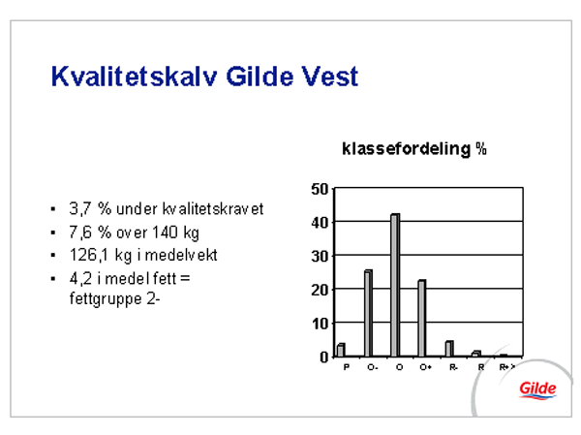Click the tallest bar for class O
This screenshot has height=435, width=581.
[395, 285]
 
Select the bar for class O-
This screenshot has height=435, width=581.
[368, 313]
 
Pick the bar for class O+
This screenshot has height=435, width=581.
[422, 318]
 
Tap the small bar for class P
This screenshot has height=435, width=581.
[341, 350]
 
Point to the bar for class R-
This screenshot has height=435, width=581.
[449, 349]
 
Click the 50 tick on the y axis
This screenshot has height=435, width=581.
[320, 189]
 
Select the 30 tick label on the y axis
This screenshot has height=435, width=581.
[320, 257]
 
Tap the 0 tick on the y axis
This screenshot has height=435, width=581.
[324, 357]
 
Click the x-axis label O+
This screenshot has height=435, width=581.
[426, 367]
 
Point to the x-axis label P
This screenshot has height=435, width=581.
[347, 367]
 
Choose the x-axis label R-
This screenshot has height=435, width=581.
[453, 367]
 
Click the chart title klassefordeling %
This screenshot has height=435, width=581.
[414, 149]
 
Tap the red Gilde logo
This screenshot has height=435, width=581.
[537, 389]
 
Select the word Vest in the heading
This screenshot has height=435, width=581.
[330, 77]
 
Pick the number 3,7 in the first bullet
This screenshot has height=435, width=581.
[80, 209]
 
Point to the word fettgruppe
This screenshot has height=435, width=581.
[106, 299]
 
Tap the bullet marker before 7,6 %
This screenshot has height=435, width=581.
[53, 233]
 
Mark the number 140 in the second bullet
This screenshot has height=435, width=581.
[168, 233]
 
